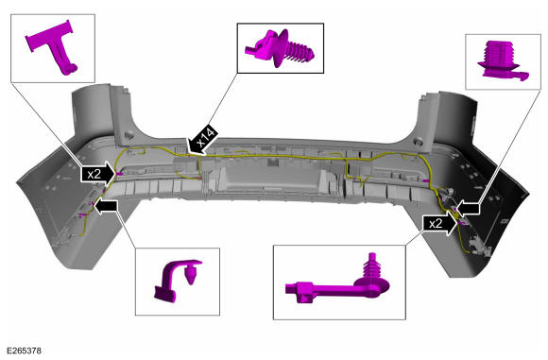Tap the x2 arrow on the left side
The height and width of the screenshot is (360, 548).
[98, 174]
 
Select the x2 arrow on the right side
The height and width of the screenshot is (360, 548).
[439, 223]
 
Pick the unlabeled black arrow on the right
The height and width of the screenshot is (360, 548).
[468, 209]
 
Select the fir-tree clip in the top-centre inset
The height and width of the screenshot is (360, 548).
[280, 48]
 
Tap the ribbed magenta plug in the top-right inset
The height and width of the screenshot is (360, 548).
[501, 60]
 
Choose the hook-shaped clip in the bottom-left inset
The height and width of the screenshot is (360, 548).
[177, 280]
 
